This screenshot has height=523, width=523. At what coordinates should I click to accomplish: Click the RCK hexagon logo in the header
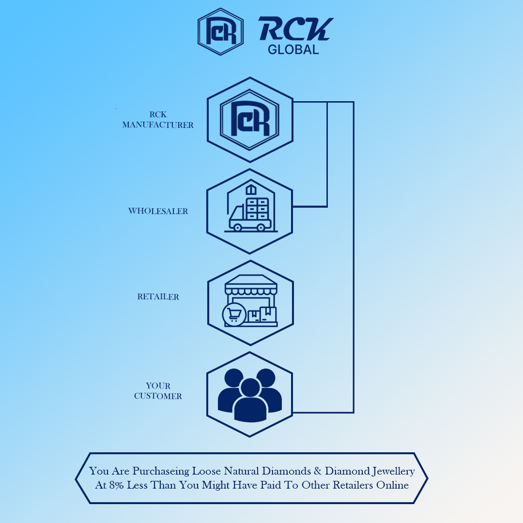[x=220, y=31]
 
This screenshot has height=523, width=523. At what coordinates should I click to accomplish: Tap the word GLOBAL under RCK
[x=293, y=49]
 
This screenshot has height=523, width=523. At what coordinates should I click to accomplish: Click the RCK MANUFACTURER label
[x=158, y=120]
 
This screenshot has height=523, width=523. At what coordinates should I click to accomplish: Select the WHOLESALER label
[x=158, y=211]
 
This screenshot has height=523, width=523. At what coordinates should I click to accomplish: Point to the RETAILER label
[x=158, y=297]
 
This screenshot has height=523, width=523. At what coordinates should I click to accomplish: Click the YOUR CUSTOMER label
[x=158, y=391]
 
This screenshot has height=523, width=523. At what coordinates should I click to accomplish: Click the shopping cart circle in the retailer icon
[x=234, y=315]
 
